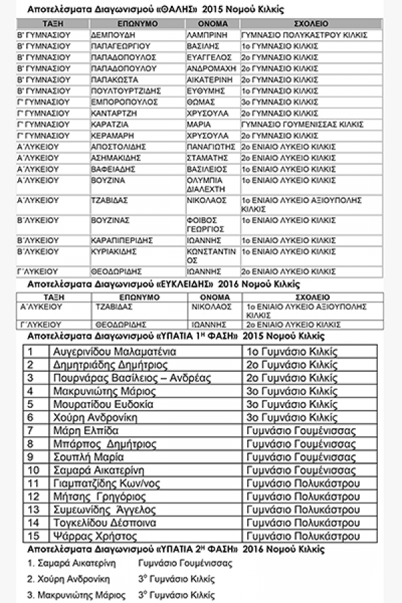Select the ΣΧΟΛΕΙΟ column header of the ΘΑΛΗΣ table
click(x=310, y=23)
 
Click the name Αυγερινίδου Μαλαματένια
click(x=114, y=351)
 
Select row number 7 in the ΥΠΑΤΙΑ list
click(x=30, y=431)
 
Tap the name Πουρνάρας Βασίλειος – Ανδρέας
click(x=131, y=378)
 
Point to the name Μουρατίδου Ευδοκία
click(x=103, y=405)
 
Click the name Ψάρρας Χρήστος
click(x=91, y=536)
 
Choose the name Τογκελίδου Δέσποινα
click(x=104, y=523)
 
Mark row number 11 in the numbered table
click(x=33, y=483)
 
